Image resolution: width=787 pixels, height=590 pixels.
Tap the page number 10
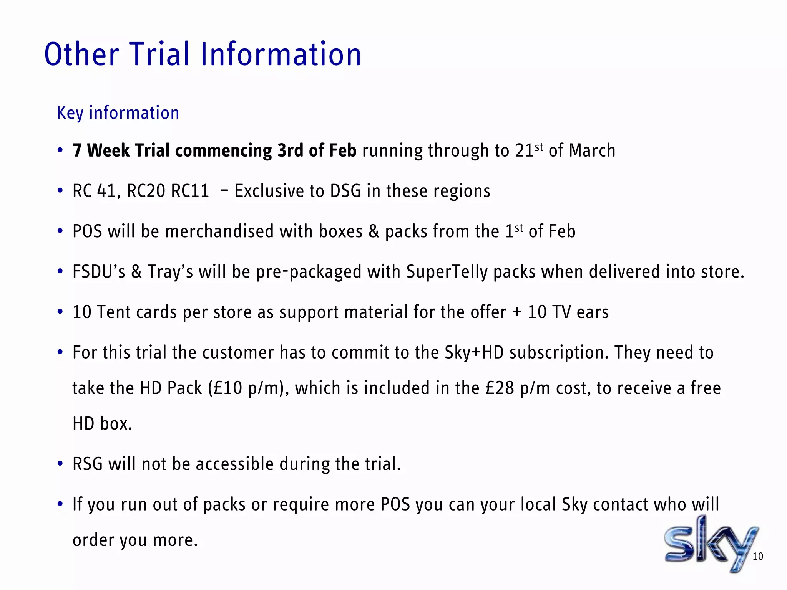pyautogui.click(x=757, y=557)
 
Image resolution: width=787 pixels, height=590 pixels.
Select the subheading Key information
pyautogui.click(x=118, y=113)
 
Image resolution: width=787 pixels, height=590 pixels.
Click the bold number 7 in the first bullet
pyautogui.click(x=77, y=150)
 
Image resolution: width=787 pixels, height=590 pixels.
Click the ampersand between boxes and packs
pyautogui.click(x=374, y=231)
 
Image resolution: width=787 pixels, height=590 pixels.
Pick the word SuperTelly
pyautogui.click(x=447, y=272)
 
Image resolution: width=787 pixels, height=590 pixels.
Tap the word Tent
pyautogui.click(x=113, y=312)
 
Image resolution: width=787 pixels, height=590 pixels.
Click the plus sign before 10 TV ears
pyautogui.click(x=517, y=312)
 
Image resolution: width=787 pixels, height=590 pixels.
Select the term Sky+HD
pyautogui.click(x=474, y=352)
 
